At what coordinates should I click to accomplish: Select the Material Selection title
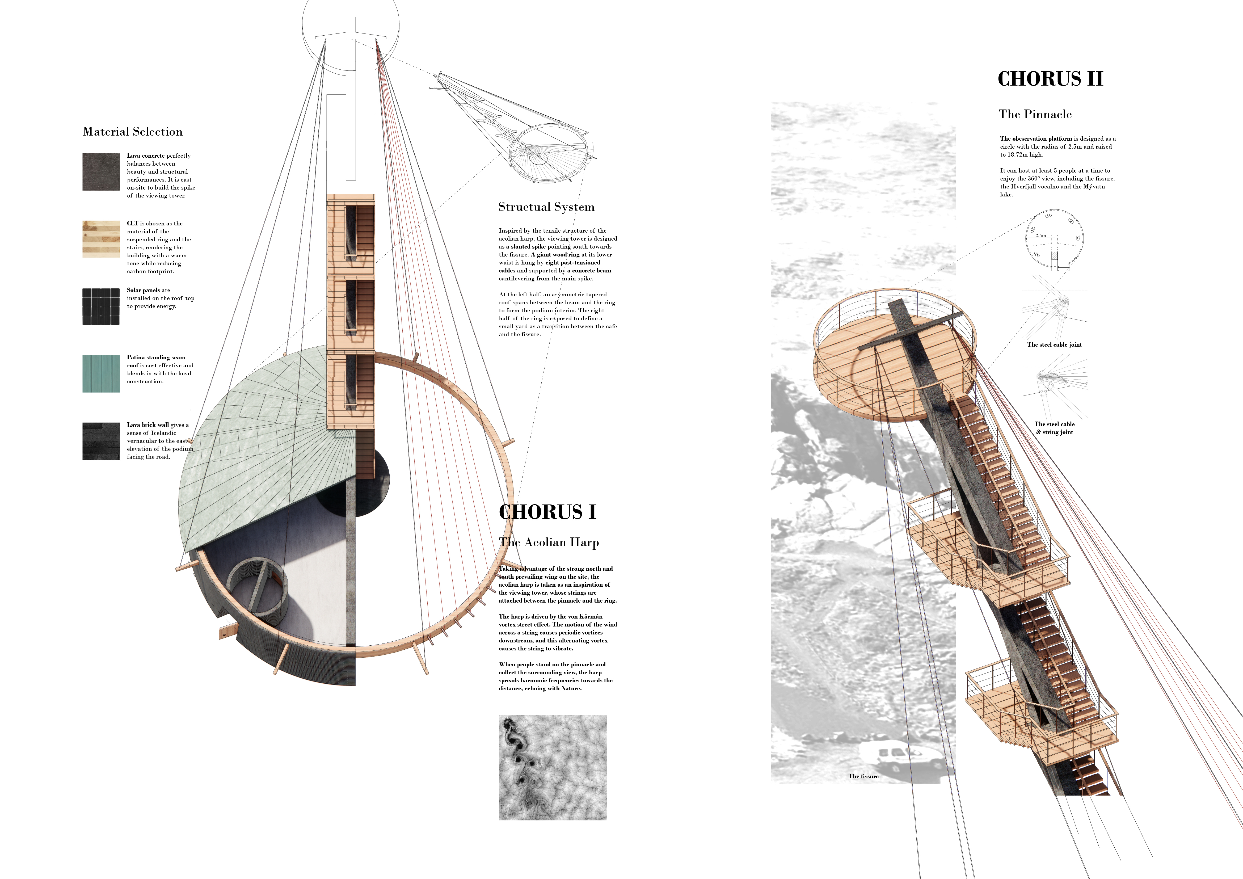pyautogui.click(x=133, y=132)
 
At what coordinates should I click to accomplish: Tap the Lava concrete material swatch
pyautogui.click(x=101, y=172)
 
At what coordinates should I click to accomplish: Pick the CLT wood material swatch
pyautogui.click(x=101, y=239)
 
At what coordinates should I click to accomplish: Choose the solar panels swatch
pyautogui.click(x=101, y=306)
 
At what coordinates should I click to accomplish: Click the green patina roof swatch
pyautogui.click(x=101, y=374)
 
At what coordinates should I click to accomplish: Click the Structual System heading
pyautogui.click(x=546, y=207)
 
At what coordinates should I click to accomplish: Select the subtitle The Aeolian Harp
pyautogui.click(x=549, y=542)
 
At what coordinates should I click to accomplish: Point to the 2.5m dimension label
pyautogui.click(x=1040, y=235)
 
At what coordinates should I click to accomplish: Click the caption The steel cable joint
pyautogui.click(x=1054, y=344)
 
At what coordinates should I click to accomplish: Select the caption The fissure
pyautogui.click(x=863, y=776)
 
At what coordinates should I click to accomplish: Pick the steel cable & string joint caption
pyautogui.click(x=1054, y=428)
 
